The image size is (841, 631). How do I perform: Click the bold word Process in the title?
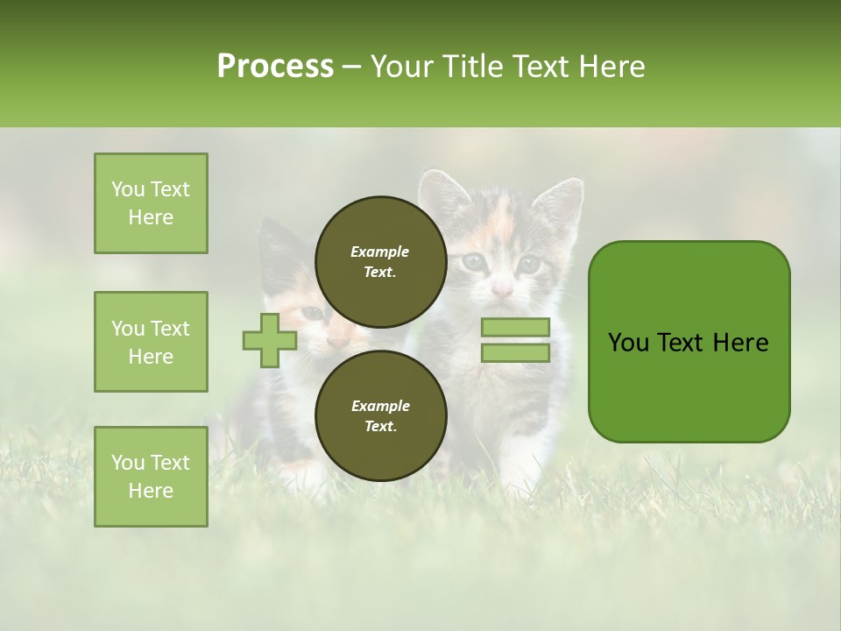point(275,66)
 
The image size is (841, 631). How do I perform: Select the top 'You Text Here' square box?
point(151,203)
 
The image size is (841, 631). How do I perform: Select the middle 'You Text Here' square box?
point(151,342)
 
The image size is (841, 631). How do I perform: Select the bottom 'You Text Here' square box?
point(151,477)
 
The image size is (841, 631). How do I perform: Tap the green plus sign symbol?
point(269,340)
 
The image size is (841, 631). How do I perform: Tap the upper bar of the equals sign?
point(515,327)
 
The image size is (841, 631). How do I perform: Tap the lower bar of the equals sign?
point(515,353)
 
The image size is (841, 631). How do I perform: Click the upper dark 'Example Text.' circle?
point(380,261)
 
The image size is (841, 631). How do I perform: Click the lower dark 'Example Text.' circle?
point(380,415)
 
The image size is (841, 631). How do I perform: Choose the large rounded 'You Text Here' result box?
point(689,342)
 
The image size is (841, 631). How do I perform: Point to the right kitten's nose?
point(501,288)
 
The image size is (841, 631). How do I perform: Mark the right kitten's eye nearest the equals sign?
point(527,262)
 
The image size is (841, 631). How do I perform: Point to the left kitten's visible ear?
point(277,237)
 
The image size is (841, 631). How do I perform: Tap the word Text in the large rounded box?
point(681,342)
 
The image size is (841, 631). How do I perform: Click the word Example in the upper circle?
point(380,252)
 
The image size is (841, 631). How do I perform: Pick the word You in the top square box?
point(128,189)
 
